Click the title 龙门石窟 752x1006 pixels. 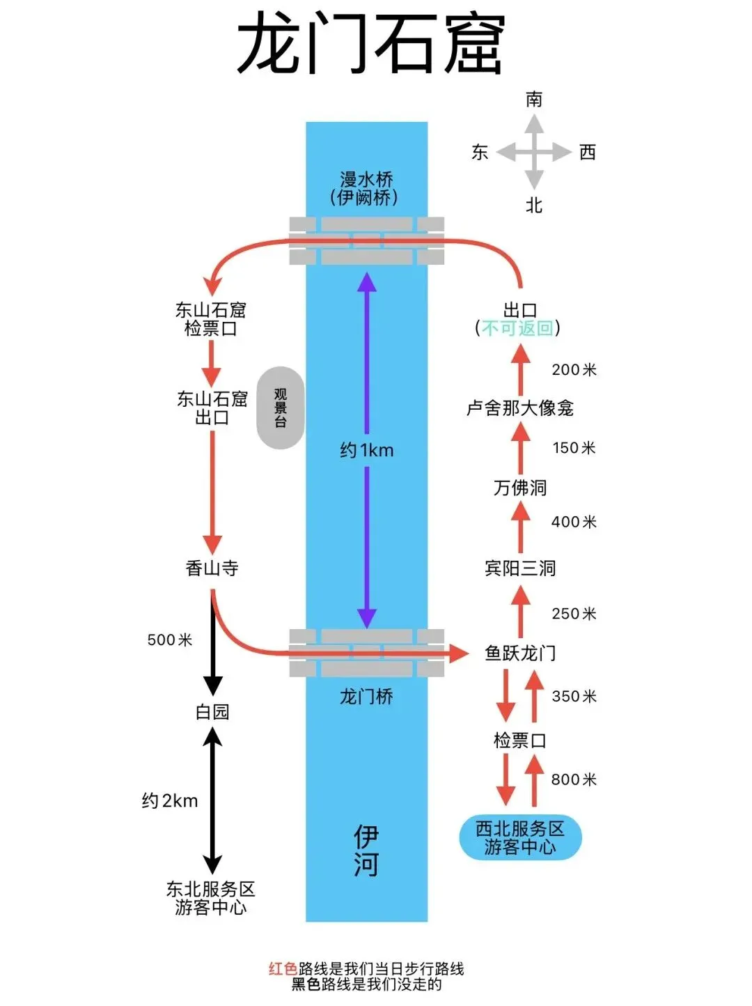click(x=370, y=43)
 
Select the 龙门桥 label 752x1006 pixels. click(x=366, y=696)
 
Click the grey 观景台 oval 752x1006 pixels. click(x=281, y=408)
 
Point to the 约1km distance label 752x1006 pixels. click(x=367, y=451)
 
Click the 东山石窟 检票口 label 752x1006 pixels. click(x=211, y=319)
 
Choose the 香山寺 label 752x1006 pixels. click(x=212, y=568)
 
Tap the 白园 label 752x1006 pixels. click(x=212, y=712)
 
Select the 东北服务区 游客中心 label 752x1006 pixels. click(x=210, y=898)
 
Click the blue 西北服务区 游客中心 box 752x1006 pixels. click(x=520, y=837)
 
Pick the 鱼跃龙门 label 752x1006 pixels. click(x=520, y=653)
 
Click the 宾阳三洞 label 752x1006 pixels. click(x=520, y=568)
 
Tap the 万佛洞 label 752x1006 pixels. click(x=520, y=488)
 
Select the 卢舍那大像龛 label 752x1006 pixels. click(x=520, y=408)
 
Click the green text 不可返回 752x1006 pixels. click(x=518, y=328)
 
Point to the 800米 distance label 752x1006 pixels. click(x=574, y=780)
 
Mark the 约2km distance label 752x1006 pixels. click(x=170, y=801)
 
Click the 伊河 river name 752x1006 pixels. click(x=366, y=851)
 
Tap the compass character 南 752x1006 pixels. click(x=534, y=100)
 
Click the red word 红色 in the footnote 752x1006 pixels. click(x=283, y=968)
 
